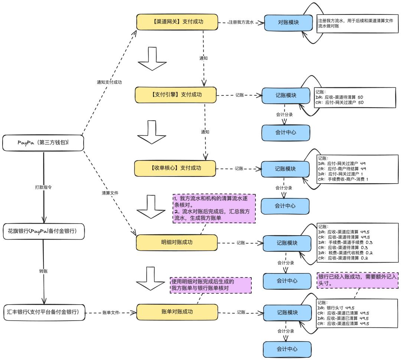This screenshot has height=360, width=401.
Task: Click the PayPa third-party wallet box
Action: point(43,143)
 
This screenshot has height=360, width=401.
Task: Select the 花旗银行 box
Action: point(43,231)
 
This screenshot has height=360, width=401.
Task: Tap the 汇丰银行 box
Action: point(43,312)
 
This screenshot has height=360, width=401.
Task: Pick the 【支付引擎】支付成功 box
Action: point(175,95)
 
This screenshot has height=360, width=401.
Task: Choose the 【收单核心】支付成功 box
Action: point(175,168)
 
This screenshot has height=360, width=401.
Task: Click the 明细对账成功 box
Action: point(176,243)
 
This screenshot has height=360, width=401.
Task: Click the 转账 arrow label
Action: point(43,271)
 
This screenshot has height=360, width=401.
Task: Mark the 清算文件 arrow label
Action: point(110,193)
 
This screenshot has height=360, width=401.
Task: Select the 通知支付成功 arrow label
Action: point(109,82)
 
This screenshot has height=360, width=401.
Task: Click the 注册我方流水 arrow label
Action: point(241,23)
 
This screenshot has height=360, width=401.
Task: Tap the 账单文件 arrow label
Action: point(111,313)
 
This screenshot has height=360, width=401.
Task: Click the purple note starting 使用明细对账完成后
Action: point(211,285)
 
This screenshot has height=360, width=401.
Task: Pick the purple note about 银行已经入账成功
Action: point(358,280)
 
